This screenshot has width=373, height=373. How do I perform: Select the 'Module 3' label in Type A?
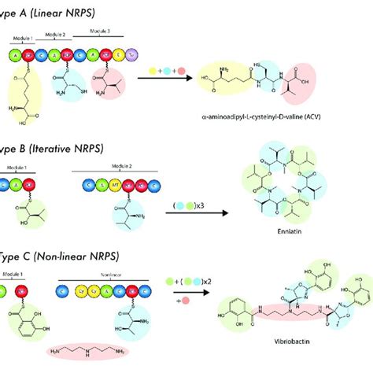point(109,31)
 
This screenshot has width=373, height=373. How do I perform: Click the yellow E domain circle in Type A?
point(119,56)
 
